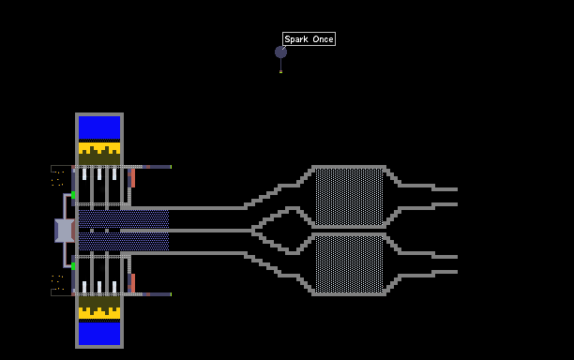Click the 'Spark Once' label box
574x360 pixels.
coord(309,39)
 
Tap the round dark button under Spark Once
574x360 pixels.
coord(280,52)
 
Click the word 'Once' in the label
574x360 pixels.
coord(323,39)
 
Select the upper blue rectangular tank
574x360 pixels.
coord(99,127)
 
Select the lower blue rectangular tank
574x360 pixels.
coord(99,334)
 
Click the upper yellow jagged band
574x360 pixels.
coord(99,148)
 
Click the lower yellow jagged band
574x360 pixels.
coord(99,313)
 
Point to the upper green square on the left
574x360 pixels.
coord(73,195)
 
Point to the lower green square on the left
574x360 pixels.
coord(73,266)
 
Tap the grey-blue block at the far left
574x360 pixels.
coord(65,231)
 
